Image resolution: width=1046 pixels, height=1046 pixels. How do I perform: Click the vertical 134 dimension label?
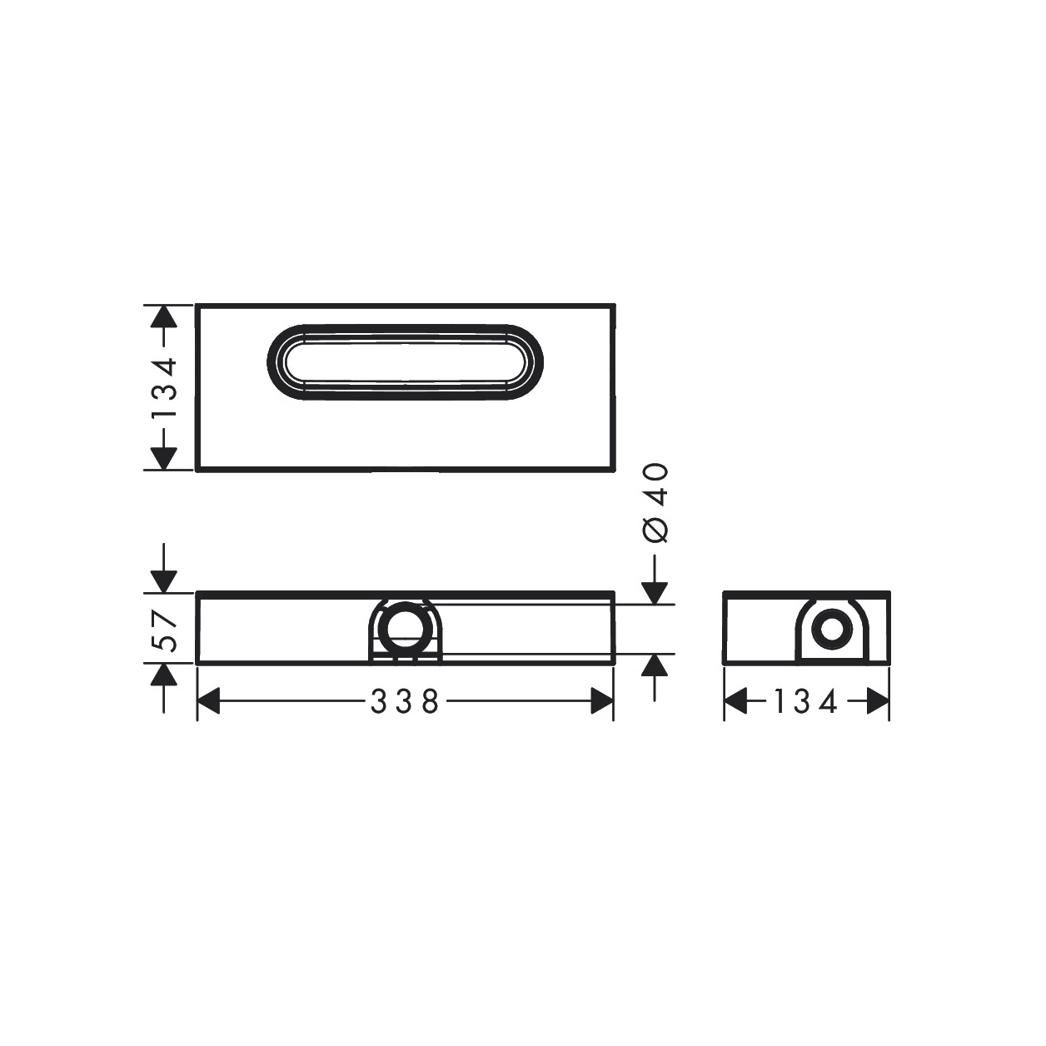(x=164, y=388)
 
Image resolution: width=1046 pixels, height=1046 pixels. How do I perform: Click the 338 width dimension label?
(x=405, y=703)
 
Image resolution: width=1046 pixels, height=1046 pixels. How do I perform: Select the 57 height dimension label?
(x=164, y=630)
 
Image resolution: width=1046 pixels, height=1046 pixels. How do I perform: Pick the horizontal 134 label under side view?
(x=805, y=703)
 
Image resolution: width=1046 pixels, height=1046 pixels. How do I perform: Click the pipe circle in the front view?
(x=406, y=628)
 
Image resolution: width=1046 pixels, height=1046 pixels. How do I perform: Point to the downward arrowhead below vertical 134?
(x=164, y=457)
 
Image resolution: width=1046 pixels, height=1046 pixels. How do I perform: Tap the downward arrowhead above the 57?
(x=164, y=581)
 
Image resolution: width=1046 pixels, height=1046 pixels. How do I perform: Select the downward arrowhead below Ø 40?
(x=656, y=590)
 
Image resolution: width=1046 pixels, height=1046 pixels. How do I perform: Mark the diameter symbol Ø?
(x=656, y=529)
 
